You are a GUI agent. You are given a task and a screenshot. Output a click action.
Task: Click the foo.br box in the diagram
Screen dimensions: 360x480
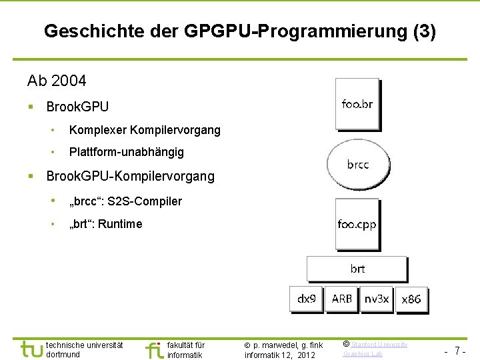tap(357, 103)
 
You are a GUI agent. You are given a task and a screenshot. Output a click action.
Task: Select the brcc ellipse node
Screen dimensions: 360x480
tap(357, 164)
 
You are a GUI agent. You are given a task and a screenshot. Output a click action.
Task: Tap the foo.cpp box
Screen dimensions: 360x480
tap(357, 225)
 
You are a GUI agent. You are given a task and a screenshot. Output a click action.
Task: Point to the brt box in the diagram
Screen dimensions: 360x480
tap(357, 269)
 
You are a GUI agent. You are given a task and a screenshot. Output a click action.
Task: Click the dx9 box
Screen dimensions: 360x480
tap(307, 299)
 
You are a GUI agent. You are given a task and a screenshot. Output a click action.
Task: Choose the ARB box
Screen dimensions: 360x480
tap(342, 299)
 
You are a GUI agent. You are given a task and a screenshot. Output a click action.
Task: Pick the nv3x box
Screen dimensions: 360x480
tap(377, 299)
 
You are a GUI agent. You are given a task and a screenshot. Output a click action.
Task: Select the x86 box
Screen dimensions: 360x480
tap(411, 299)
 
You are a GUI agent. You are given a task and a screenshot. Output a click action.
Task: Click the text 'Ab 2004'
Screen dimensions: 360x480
tap(57, 81)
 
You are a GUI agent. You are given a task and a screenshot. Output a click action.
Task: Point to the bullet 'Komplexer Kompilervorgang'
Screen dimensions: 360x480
tap(144, 130)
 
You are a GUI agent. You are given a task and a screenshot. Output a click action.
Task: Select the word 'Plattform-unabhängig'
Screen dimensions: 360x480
tap(126, 152)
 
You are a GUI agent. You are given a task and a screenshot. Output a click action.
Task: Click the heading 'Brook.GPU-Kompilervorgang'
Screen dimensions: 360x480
tap(130, 176)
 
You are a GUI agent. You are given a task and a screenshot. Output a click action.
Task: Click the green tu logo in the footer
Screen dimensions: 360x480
tap(31, 348)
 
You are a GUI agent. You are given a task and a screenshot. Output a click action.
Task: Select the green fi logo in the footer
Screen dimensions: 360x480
tap(153, 349)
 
